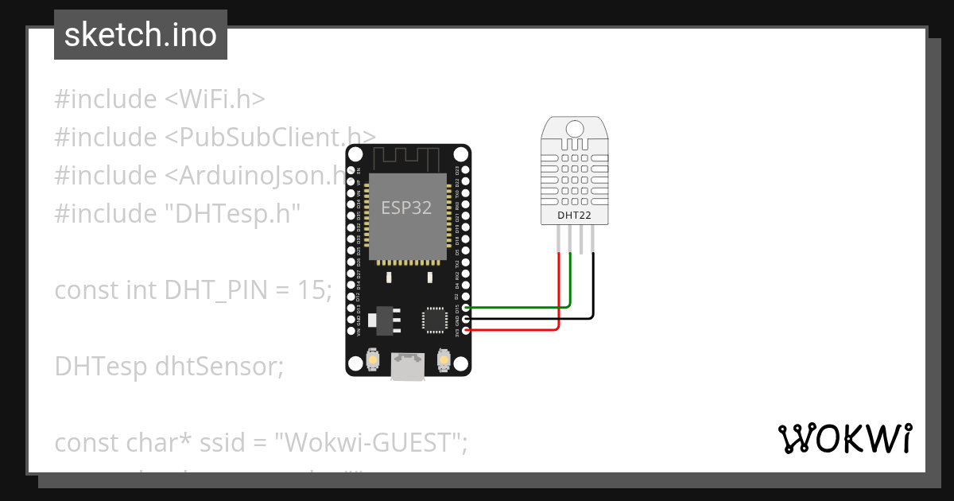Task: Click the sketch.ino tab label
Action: [x=140, y=35]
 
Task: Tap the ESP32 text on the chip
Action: [x=406, y=208]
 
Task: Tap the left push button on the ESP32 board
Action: [x=372, y=362]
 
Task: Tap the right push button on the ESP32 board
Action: [x=444, y=362]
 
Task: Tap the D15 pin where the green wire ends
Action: [x=466, y=307]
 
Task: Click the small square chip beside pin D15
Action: [x=435, y=320]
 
